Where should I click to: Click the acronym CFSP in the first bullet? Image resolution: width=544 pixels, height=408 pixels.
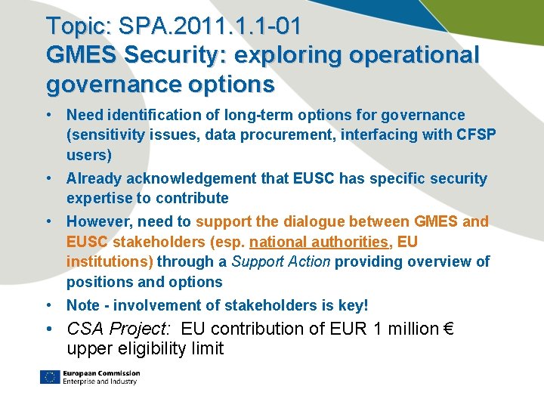[477, 135]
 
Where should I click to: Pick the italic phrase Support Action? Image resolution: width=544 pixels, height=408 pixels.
[281, 261]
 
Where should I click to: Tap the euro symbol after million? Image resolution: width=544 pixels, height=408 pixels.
[447, 329]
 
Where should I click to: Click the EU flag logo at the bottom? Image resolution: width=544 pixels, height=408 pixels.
[50, 377]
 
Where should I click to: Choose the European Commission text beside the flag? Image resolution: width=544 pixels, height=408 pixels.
[102, 373]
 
